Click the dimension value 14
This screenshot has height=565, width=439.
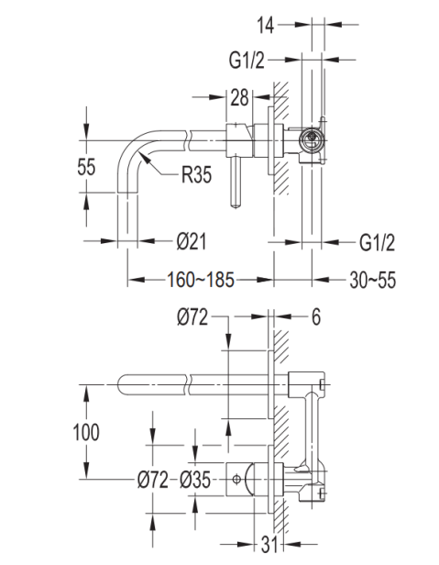point(266,26)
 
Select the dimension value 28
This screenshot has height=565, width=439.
point(239,97)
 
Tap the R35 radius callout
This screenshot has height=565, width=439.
point(196,175)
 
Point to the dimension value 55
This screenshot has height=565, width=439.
point(86,167)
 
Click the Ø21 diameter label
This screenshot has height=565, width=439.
point(192,241)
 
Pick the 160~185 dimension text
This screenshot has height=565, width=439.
point(201,280)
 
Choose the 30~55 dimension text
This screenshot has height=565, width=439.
point(372,280)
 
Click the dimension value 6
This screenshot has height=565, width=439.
point(316,317)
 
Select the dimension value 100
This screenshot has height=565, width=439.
point(86,432)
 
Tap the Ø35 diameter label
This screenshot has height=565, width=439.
point(195,480)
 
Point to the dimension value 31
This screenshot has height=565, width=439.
point(270,545)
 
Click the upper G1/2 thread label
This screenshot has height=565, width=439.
point(247,60)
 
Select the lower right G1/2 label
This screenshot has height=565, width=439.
point(377,242)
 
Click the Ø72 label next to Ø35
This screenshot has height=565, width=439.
point(153,480)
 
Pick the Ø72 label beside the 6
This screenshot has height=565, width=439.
point(192,317)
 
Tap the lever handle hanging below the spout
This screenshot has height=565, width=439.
point(236,183)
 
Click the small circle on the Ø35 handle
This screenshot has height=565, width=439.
point(236,479)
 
